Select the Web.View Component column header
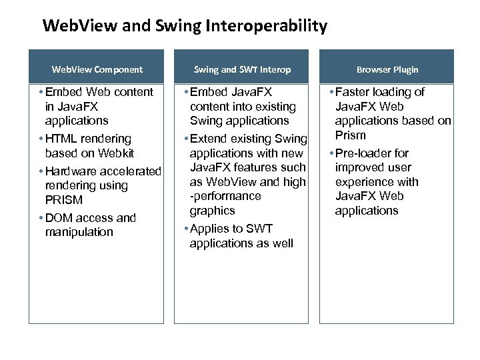coord(97,69)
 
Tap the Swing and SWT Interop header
coord(242,69)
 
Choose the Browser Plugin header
coord(387,69)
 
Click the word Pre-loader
coord(364,153)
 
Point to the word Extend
coord(209,139)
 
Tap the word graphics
coord(212,211)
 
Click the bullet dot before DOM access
coord(41,218)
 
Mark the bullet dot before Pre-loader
coord(331,153)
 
